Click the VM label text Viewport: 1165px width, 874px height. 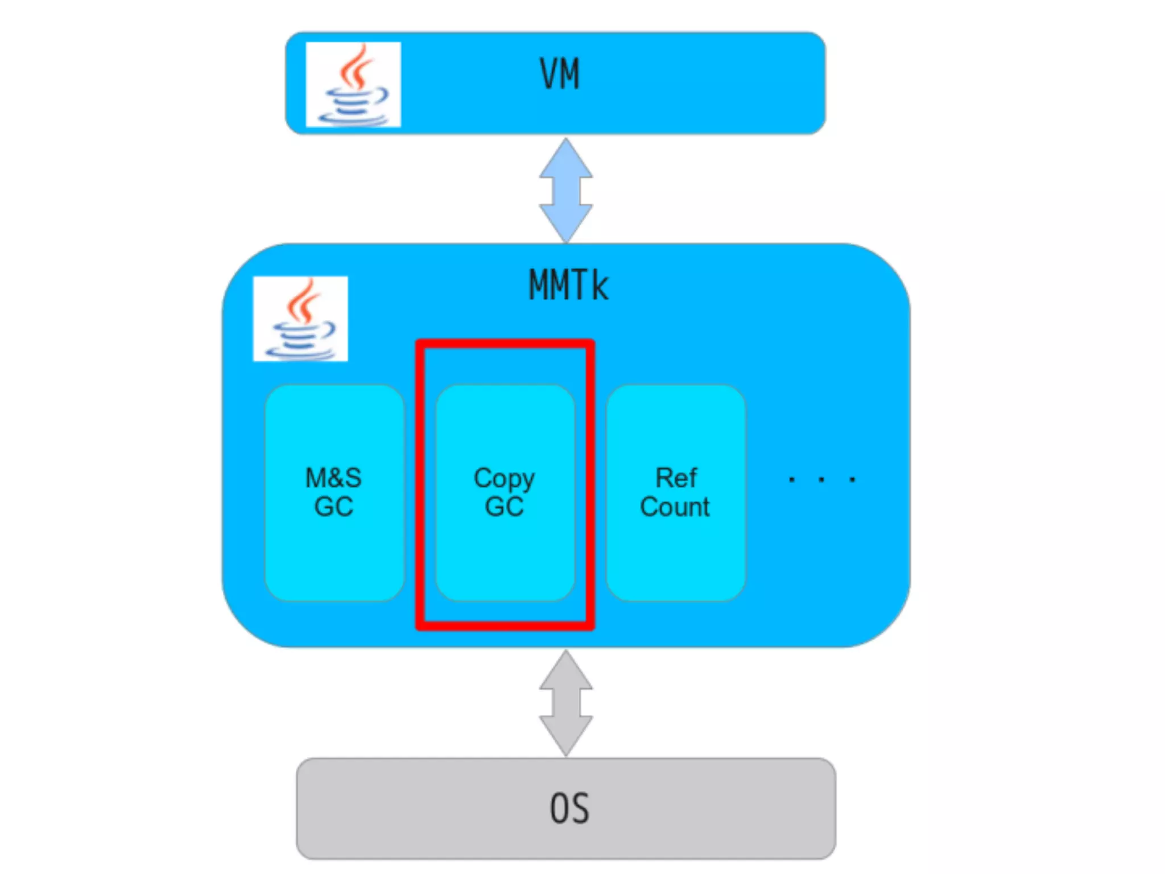click(x=559, y=75)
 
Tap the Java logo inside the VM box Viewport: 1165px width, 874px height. click(x=353, y=84)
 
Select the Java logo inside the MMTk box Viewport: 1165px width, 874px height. click(x=300, y=319)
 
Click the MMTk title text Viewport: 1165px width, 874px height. click(x=568, y=285)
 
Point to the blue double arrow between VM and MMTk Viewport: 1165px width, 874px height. click(x=566, y=190)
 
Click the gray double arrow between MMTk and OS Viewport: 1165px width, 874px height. click(x=566, y=703)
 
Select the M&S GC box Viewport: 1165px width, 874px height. click(x=334, y=546)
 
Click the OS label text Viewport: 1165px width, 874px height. click(x=569, y=809)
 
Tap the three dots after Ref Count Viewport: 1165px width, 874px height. click(x=821, y=480)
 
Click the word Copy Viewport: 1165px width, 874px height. click(x=504, y=479)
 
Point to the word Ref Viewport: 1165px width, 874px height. click(x=676, y=477)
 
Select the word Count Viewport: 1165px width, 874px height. click(x=675, y=506)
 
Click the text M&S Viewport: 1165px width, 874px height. click(x=333, y=477)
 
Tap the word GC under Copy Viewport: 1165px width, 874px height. click(x=504, y=506)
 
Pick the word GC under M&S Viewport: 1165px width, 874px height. click(x=333, y=506)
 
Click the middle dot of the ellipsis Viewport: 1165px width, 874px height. click(x=821, y=480)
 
